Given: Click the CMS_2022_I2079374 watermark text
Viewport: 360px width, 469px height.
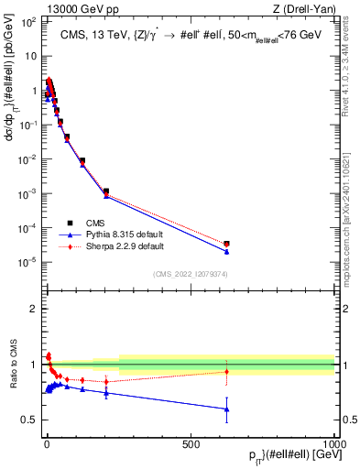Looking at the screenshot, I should tap(189, 272).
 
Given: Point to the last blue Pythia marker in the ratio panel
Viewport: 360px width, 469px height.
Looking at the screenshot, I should tap(226, 409).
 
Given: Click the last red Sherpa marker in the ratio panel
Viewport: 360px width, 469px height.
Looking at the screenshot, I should tap(226, 371).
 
